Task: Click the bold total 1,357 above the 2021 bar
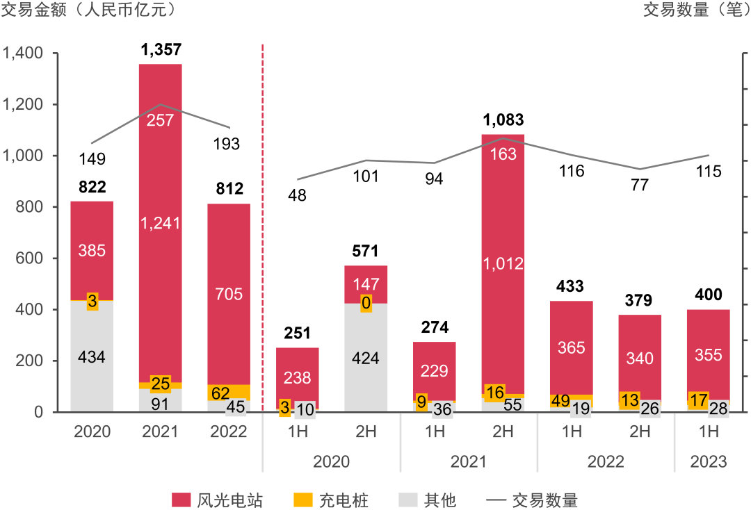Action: pyautogui.click(x=161, y=49)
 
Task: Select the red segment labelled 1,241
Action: pyautogui.click(x=161, y=223)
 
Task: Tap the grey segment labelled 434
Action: pyautogui.click(x=92, y=357)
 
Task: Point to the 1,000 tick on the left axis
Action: pyautogui.click(x=23, y=156)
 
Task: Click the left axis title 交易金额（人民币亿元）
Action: pyautogui.click(x=88, y=10)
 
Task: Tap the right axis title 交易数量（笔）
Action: pyautogui.click(x=696, y=10)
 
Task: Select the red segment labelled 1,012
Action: pyautogui.click(x=503, y=263)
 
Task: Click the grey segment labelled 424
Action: pyautogui.click(x=366, y=359)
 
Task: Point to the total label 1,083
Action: pyautogui.click(x=503, y=120)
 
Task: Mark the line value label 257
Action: pyautogui.click(x=161, y=120)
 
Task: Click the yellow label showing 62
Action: pyautogui.click(x=221, y=393)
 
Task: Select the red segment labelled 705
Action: pyautogui.click(x=229, y=294)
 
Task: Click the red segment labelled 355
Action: pyautogui.click(x=708, y=354)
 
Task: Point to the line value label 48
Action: pyautogui.click(x=297, y=195)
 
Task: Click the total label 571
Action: pyautogui.click(x=366, y=251)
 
